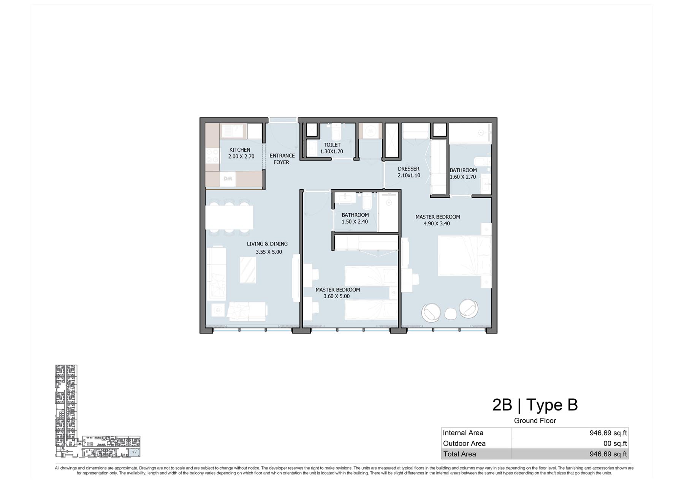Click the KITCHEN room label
[x=240, y=150]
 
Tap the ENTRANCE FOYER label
[x=282, y=159]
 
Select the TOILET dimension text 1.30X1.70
[x=331, y=151]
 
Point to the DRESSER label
[x=408, y=169]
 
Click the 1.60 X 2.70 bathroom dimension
[x=463, y=177]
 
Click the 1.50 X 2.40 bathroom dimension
[x=355, y=222]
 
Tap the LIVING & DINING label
[x=267, y=244]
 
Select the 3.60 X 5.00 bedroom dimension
[x=336, y=296]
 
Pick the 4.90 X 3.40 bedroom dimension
[x=437, y=223]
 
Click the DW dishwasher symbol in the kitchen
[x=228, y=179]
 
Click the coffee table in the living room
[x=248, y=270]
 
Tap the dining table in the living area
[x=229, y=217]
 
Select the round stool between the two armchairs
[x=450, y=314]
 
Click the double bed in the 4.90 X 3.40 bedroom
[x=464, y=256]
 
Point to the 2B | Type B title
[x=535, y=405]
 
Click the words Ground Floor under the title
[x=535, y=421]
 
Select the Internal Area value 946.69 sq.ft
[x=608, y=433]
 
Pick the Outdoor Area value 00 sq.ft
[x=615, y=444]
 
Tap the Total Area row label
[x=459, y=454]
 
